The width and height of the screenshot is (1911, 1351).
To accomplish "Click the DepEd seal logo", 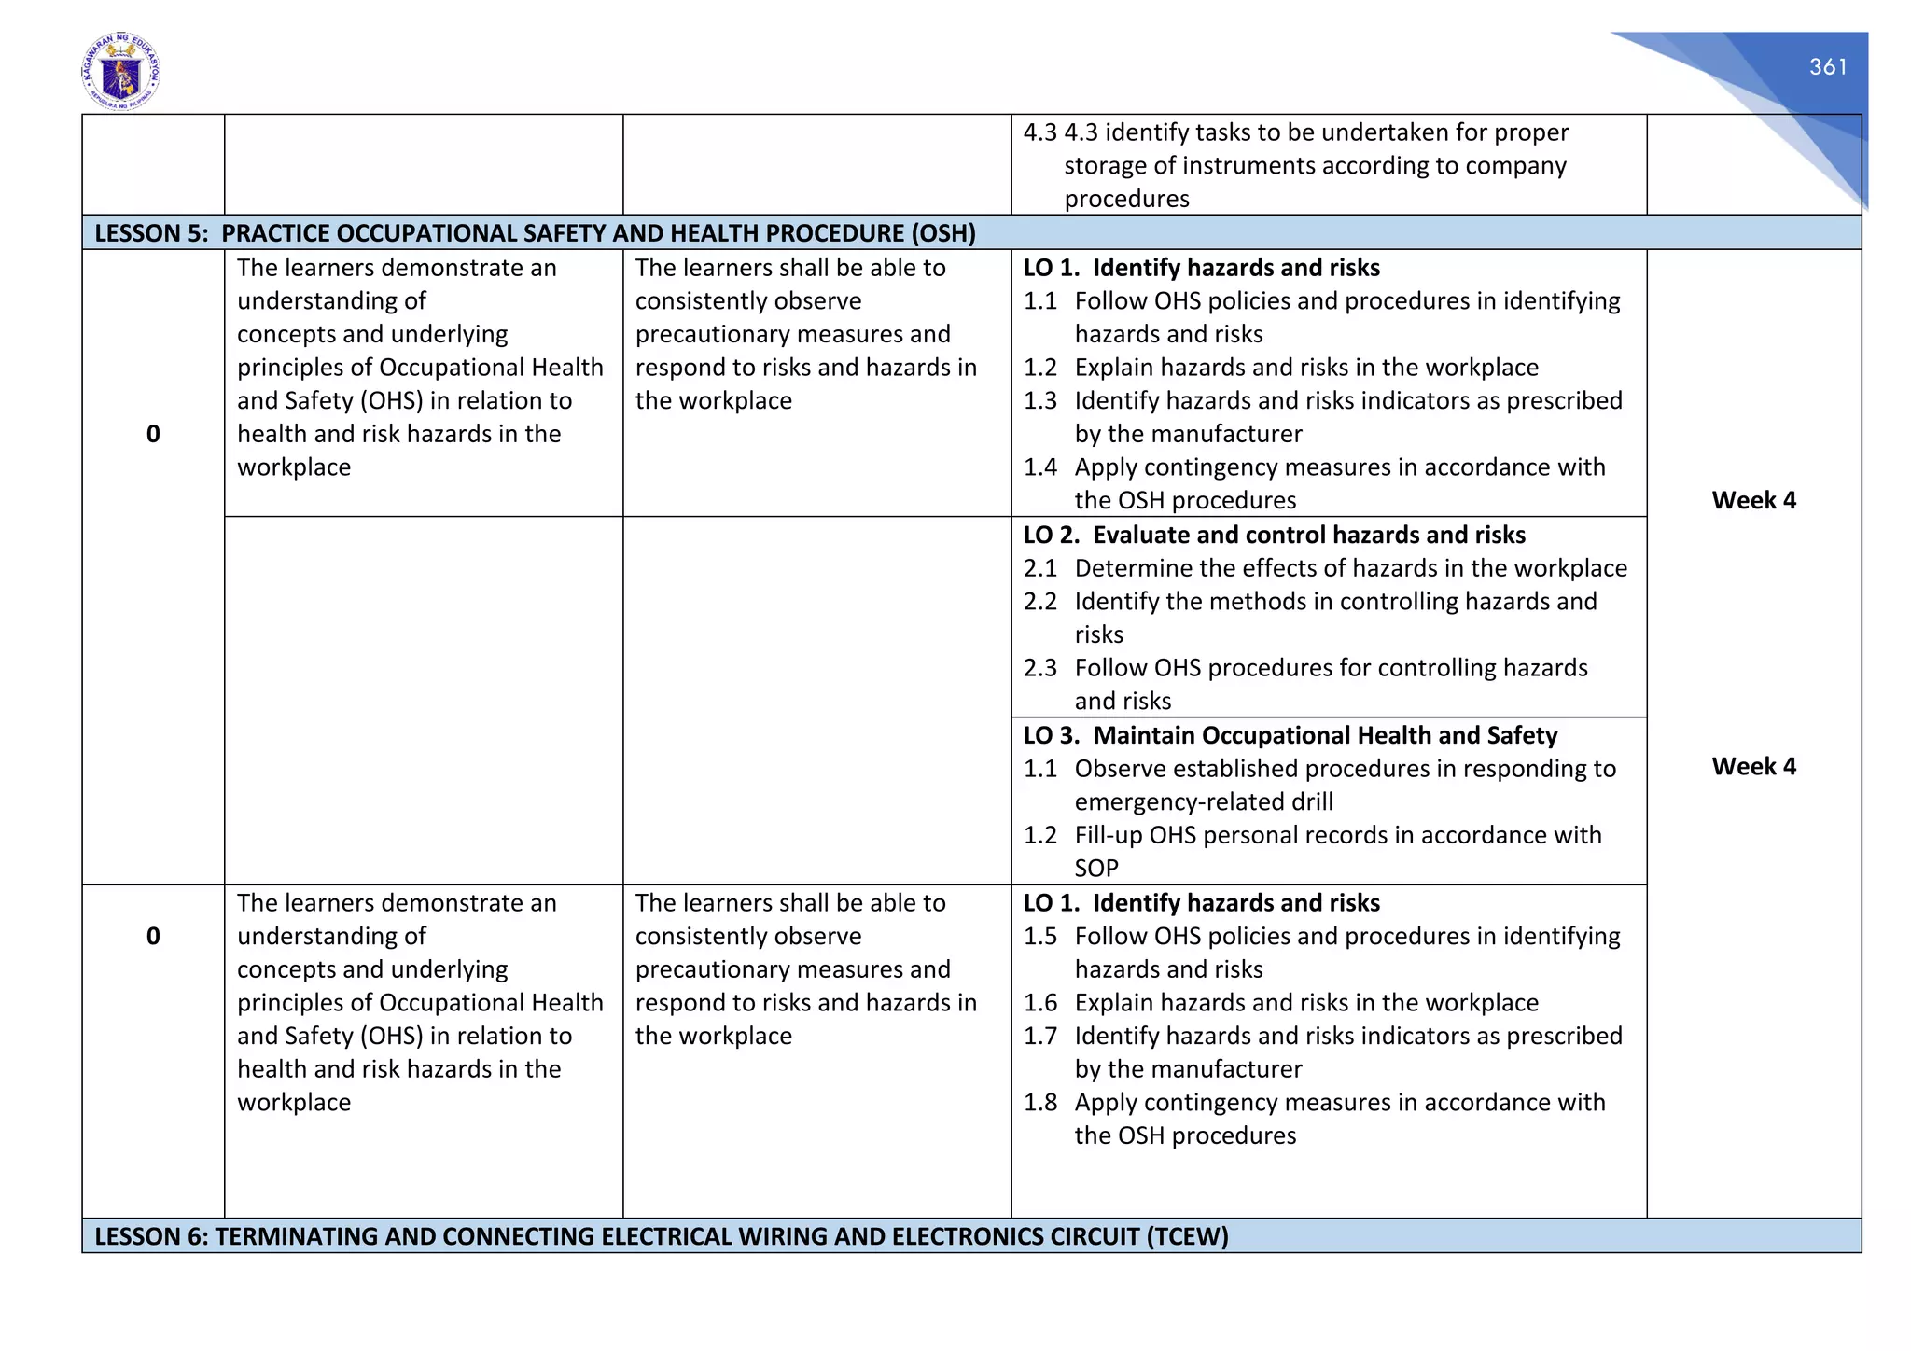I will [x=120, y=71].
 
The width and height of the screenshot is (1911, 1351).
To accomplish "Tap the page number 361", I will [x=1827, y=67].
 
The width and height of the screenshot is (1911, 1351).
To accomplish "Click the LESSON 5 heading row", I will [x=535, y=233].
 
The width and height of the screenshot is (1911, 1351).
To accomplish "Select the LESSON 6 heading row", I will [x=661, y=1236].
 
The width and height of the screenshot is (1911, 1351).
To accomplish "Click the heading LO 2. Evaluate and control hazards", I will [x=1274, y=535].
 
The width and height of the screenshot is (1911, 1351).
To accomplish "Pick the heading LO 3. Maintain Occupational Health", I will [x=1290, y=735].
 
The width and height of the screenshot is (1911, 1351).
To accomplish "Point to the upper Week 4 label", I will [x=1752, y=500].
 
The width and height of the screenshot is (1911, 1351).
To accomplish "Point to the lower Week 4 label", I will [x=1752, y=766].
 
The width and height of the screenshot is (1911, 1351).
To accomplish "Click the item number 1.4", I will [x=1039, y=467].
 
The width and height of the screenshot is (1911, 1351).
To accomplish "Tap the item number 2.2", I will [x=1039, y=601].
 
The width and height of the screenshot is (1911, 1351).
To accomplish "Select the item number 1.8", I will [x=1039, y=1102].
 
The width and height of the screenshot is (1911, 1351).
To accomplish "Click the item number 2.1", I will [x=1039, y=568].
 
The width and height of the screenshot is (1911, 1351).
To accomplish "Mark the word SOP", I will [x=1095, y=869].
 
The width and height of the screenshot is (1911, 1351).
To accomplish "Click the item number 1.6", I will [x=1039, y=1002].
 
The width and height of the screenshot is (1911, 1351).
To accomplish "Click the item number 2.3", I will [x=1039, y=668].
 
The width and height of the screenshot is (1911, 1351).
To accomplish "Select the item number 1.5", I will [x=1039, y=936].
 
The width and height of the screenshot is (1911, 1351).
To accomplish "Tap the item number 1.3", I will [x=1039, y=400].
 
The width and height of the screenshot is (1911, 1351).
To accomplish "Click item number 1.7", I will [x=1039, y=1036].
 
